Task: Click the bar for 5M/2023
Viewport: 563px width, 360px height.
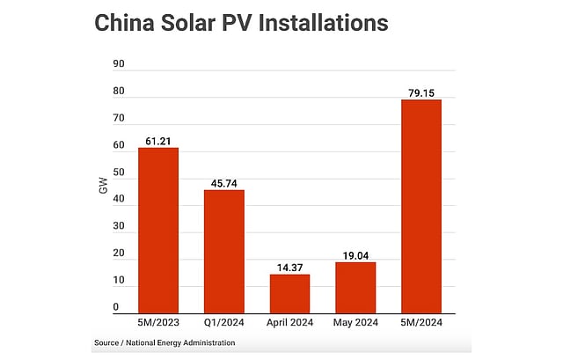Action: [158, 230]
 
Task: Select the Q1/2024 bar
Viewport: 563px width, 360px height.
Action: [224, 251]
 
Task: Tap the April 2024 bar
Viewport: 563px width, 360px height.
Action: [289, 293]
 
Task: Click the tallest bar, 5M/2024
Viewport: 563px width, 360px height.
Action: [420, 206]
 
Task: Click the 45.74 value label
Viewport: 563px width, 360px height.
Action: [224, 182]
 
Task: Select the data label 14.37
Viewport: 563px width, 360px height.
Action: [289, 267]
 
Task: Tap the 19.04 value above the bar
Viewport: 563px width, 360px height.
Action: [355, 254]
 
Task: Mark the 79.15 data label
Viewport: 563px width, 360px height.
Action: [420, 92]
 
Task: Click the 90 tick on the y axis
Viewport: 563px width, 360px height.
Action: [119, 64]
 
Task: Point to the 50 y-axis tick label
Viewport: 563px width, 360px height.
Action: [119, 173]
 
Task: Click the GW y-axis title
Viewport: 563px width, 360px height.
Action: [103, 187]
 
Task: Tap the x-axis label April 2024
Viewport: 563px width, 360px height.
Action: [289, 321]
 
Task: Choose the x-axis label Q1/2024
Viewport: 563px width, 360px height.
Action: [224, 321]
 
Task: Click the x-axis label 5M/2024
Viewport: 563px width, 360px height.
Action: [420, 321]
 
